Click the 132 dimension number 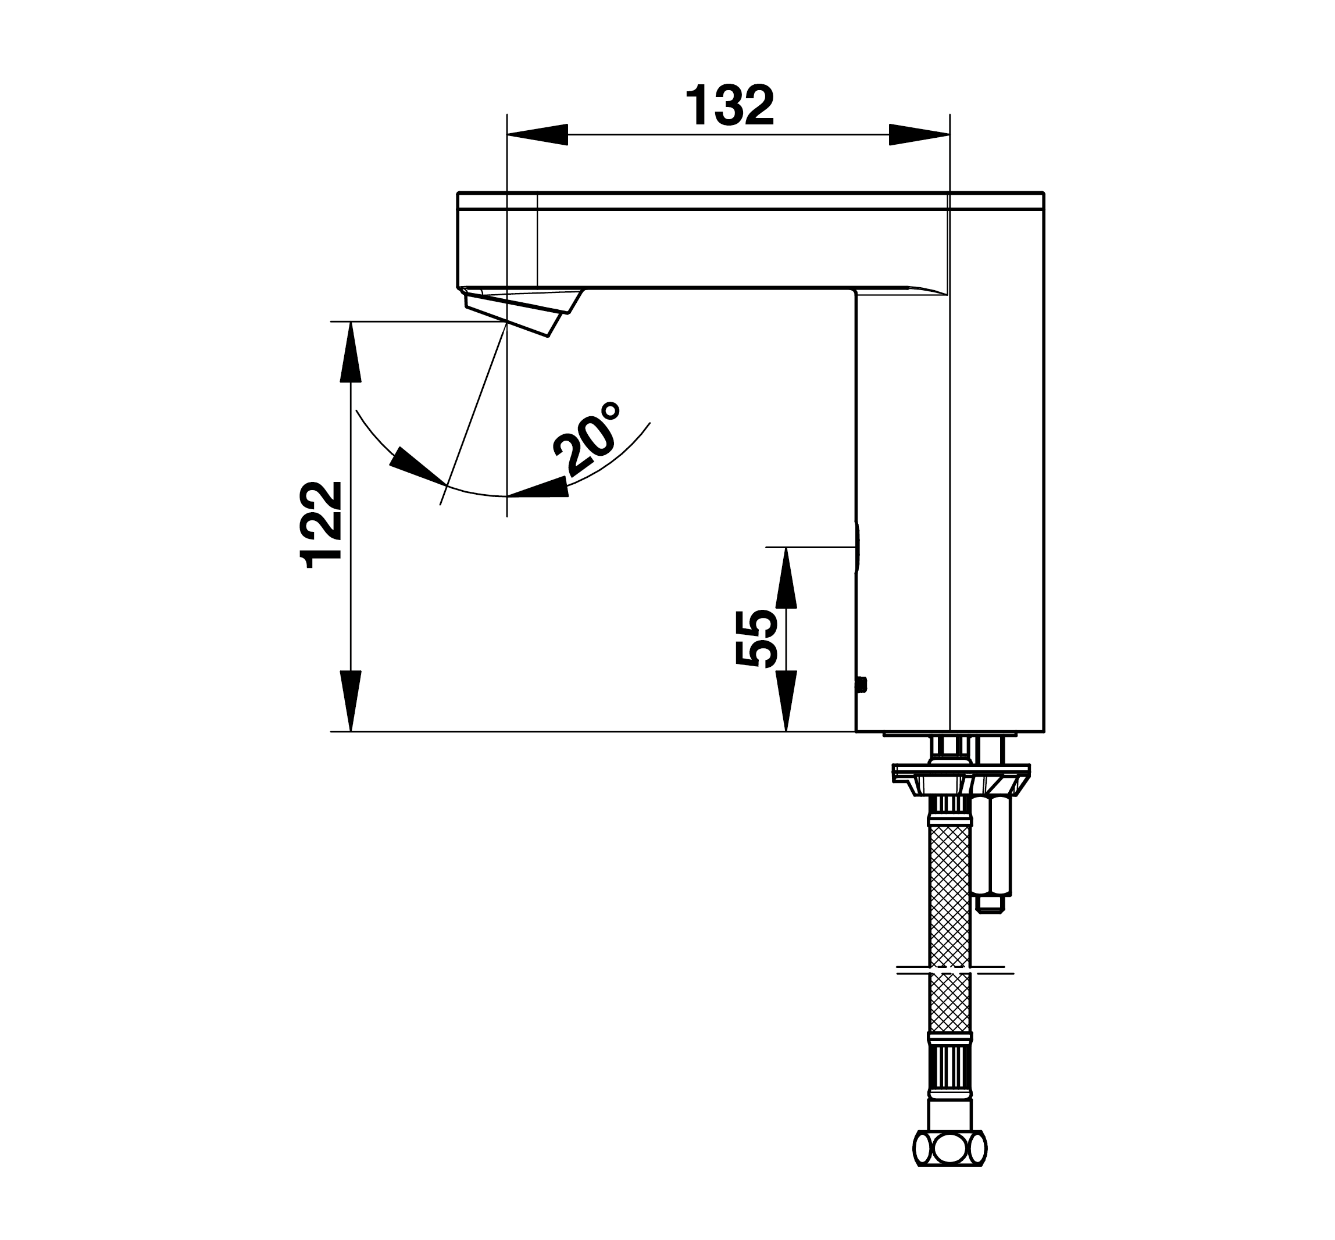coord(729,106)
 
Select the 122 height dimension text coord(322,526)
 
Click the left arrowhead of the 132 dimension coord(537,134)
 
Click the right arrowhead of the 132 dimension coord(919,134)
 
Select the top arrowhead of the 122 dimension coord(351,352)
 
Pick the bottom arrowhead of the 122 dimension coord(351,701)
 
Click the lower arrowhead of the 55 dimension coord(786,701)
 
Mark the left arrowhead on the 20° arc coord(417,465)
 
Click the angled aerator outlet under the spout coord(523,312)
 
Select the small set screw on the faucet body coord(862,685)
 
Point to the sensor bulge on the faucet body coord(857,547)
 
